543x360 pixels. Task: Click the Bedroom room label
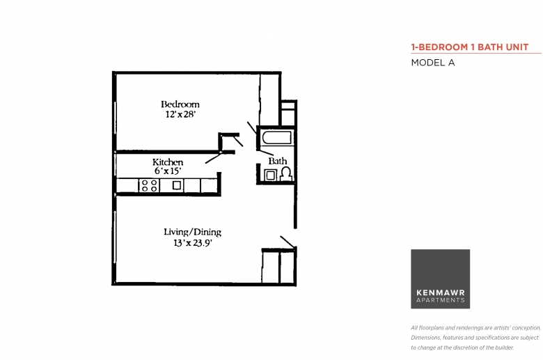[x=180, y=104]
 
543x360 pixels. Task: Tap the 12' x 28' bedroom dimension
[x=180, y=114]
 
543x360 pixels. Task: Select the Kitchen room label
[x=168, y=162]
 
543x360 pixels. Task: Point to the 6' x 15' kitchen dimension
[x=168, y=171]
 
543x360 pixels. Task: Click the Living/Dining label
[x=193, y=232]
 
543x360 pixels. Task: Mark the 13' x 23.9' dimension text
[x=193, y=243]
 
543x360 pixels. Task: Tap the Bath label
[x=277, y=161]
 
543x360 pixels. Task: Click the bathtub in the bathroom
[x=276, y=138]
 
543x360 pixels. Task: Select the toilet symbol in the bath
[x=286, y=173]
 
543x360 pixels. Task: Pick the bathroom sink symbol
[x=270, y=175]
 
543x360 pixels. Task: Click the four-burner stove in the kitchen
[x=149, y=185]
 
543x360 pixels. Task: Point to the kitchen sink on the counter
[x=177, y=185]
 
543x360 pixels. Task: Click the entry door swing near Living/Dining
[x=288, y=242]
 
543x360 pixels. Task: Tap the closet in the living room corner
[x=278, y=266]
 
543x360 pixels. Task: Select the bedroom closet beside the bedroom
[x=269, y=100]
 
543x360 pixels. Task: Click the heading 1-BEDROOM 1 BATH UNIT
[x=470, y=47]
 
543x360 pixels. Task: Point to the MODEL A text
[x=433, y=63]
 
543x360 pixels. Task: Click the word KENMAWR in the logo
[x=441, y=292]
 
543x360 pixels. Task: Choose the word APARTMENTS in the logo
[x=441, y=300]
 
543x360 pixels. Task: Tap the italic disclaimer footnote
[x=475, y=338]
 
